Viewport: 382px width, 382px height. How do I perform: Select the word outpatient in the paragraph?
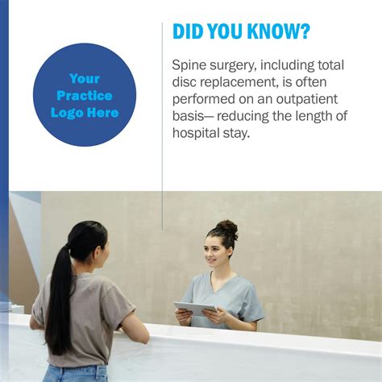[307, 99]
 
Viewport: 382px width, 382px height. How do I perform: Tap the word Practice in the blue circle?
[85, 96]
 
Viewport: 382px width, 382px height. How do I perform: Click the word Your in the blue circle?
[85, 79]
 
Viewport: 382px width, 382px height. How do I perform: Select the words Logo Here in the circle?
[85, 113]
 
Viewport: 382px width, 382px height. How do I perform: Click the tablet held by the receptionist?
[195, 308]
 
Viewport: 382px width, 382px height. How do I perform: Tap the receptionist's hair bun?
[227, 229]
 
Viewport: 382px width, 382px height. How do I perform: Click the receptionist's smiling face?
[214, 254]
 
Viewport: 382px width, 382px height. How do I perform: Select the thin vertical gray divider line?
[162, 127]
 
